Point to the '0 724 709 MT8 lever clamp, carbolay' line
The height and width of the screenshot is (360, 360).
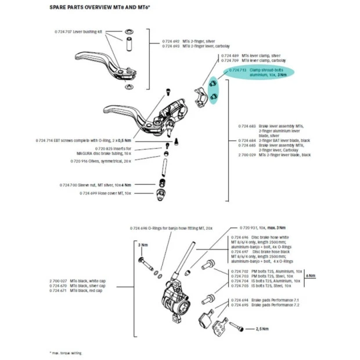[x=249, y=60]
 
